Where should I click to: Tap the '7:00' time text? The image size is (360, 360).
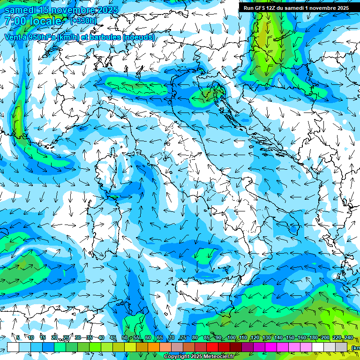(x=15, y=21)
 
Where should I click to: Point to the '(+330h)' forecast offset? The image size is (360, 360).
(x=83, y=21)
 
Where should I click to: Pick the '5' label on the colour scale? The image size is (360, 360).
(x=18, y=337)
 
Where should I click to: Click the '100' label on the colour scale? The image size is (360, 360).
(x=232, y=337)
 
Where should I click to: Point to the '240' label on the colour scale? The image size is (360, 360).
(x=348, y=337)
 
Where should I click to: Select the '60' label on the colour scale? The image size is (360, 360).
(x=148, y=337)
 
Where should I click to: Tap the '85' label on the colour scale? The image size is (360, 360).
(x=207, y=337)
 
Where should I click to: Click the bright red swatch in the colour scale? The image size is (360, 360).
(x=212, y=347)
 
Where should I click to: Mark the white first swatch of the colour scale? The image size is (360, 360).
(x=13, y=347)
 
